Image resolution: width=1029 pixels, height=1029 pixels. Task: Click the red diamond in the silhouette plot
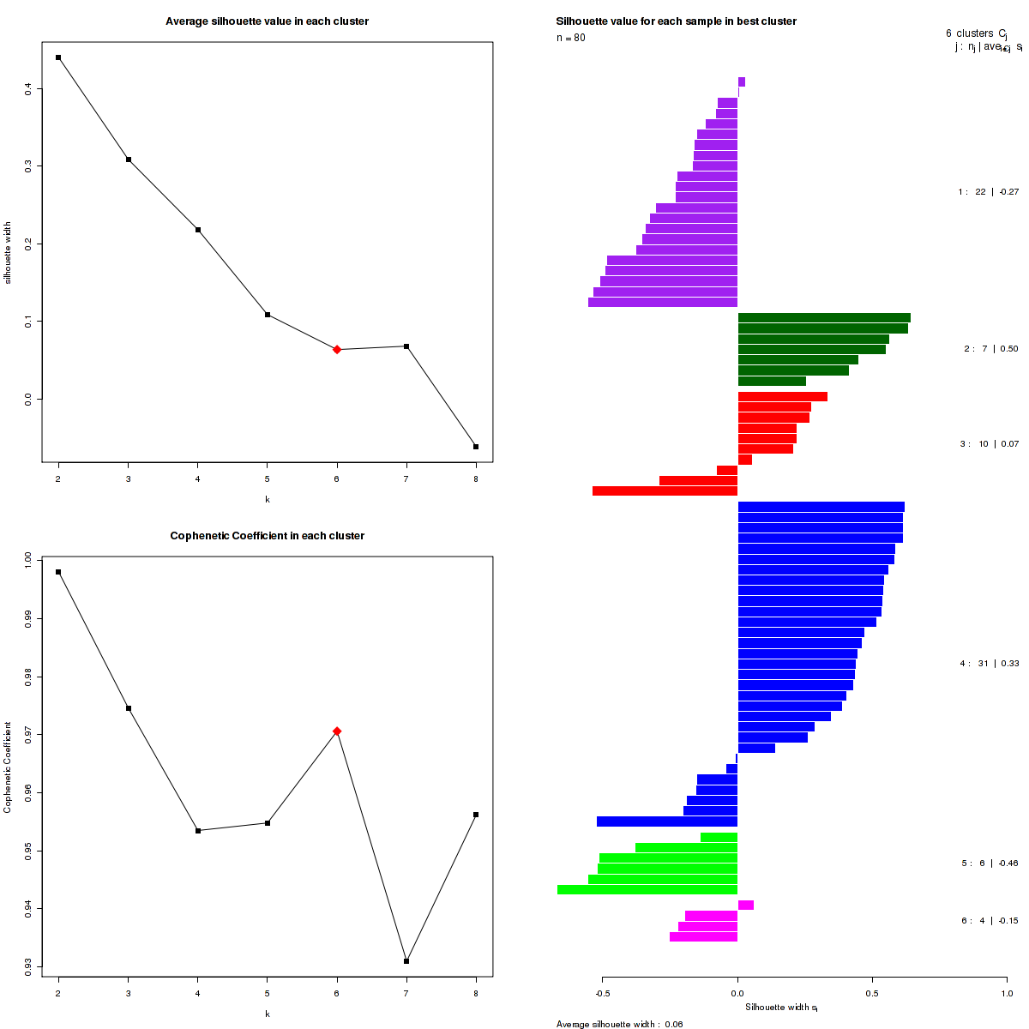coord(337,350)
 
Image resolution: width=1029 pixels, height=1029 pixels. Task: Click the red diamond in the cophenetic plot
coord(337,731)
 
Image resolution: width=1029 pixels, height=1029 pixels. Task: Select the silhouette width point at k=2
coord(58,57)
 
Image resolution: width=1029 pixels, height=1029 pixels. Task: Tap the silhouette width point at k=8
coord(476,447)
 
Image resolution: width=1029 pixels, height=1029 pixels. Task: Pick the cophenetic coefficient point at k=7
coord(406,961)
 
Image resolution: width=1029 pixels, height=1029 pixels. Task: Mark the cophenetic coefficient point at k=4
coord(198,831)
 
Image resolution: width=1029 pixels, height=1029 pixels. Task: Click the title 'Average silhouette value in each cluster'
coord(267,21)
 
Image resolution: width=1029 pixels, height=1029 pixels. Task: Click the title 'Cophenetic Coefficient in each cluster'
coord(267,536)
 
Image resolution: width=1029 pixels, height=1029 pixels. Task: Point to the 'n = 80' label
coord(571,38)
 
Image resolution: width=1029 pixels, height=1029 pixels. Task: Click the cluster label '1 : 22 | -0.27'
coord(988,192)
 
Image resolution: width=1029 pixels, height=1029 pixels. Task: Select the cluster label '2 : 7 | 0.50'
coord(990,349)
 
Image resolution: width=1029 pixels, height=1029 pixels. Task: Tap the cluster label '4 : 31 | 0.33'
coord(989,664)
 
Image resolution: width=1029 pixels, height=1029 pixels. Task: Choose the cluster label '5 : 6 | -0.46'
coord(990,864)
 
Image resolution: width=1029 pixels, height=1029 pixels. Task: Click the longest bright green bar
coord(647,890)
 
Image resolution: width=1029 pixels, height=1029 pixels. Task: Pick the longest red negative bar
coord(665,491)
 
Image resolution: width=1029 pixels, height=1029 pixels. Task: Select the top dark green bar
coord(823,318)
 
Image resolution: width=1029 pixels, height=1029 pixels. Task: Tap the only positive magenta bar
coord(746,906)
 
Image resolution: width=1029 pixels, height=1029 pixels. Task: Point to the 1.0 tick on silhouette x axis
coord(1007,994)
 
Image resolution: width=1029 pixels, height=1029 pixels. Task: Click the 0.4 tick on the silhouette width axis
coord(29,87)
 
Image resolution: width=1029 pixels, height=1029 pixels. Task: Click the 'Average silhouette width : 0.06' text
coord(619,1024)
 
